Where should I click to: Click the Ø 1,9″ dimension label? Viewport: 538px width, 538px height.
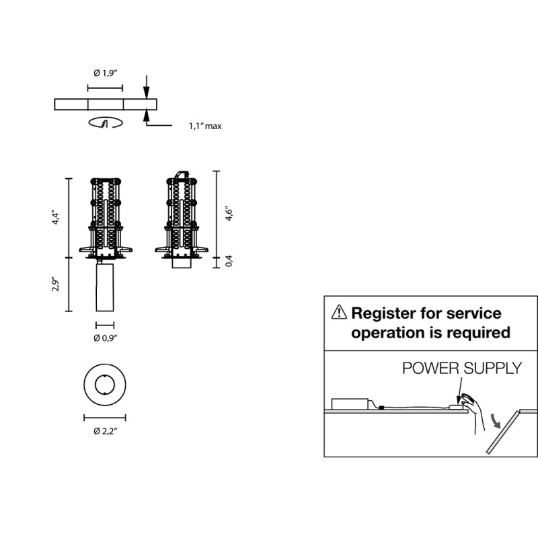[106, 73]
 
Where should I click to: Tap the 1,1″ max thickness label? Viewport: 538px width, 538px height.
[205, 126]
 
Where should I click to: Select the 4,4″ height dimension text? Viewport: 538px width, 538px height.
[56, 217]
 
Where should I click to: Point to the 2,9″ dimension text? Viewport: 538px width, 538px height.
[56, 284]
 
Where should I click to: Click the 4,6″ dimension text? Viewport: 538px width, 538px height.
[229, 213]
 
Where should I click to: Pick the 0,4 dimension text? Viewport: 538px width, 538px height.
[229, 261]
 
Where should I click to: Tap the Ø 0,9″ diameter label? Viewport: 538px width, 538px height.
[106, 338]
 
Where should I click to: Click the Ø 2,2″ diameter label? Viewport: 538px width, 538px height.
[106, 431]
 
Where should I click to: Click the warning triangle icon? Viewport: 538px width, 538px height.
[339, 312]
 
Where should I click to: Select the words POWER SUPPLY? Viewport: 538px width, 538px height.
[462, 368]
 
